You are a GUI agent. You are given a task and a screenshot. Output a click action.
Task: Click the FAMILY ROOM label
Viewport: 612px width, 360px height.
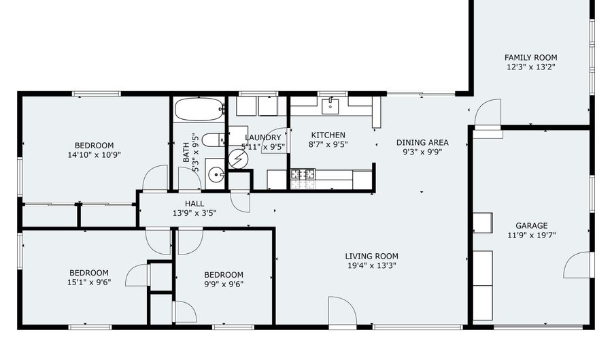531,57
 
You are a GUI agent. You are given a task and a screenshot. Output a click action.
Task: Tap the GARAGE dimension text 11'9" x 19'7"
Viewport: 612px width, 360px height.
532,235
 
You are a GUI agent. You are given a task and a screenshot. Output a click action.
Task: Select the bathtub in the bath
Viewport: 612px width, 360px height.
200,109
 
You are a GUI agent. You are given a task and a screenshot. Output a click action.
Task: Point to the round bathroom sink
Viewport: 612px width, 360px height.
216,174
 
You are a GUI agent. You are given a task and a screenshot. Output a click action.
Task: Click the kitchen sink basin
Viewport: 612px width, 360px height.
330,105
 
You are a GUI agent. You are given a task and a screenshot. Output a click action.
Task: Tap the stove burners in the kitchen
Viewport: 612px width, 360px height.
303,174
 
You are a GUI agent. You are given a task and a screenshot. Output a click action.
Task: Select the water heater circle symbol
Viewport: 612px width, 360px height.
238,159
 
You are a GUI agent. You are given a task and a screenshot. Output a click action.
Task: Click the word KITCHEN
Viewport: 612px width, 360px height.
328,135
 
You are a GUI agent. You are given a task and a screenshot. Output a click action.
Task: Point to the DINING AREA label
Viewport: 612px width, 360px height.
422,142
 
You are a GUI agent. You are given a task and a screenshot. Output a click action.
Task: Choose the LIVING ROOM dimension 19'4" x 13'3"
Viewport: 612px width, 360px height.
371,266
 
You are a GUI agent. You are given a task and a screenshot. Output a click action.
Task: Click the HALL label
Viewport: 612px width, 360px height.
194,203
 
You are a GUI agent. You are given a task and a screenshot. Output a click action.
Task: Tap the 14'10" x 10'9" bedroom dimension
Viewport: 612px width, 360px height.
94,155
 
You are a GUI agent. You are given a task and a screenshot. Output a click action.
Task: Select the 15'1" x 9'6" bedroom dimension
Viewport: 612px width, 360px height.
89,282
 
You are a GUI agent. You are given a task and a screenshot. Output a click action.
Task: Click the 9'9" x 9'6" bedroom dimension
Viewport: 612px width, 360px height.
224,284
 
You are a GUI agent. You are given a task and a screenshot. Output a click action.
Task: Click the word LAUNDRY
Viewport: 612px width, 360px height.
262,137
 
